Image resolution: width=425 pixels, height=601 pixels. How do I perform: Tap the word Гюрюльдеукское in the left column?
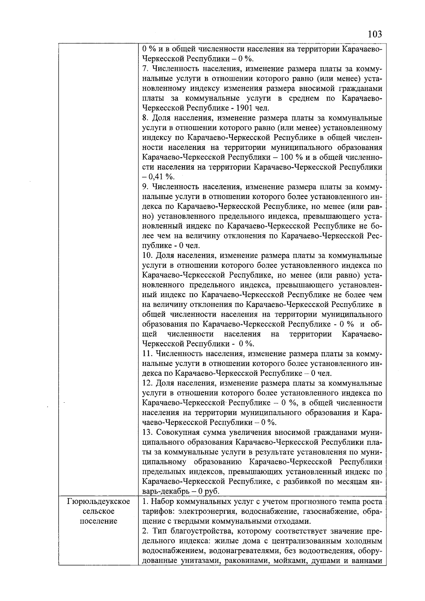tap(98, 501)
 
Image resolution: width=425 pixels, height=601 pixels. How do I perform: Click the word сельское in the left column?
tap(98, 511)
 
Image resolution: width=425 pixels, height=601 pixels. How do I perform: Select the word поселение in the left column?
tap(98, 521)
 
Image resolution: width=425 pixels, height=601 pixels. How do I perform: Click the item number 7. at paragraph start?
tap(145, 68)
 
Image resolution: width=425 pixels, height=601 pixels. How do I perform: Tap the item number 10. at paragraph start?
tap(147, 255)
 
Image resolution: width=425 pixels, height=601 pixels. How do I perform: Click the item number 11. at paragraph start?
tap(147, 353)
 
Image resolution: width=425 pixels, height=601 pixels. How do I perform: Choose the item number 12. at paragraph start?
tap(147, 383)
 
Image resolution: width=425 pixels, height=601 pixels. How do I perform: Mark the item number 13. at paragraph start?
tap(147, 432)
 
